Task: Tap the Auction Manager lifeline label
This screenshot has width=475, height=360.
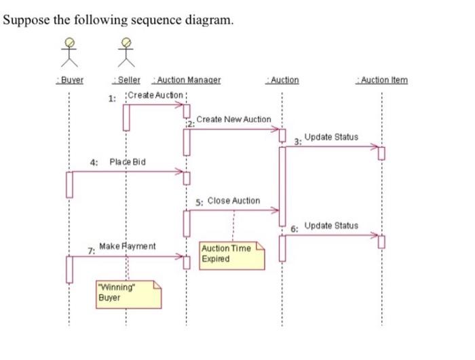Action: pyautogui.click(x=188, y=80)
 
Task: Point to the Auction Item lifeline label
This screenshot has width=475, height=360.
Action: pyautogui.click(x=382, y=80)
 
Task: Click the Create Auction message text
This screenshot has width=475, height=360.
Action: pyautogui.click(x=155, y=95)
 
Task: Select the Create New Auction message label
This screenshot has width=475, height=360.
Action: pyautogui.click(x=233, y=119)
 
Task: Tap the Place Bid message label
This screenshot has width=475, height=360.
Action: pyautogui.click(x=128, y=162)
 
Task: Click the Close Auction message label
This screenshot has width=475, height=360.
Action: pyautogui.click(x=233, y=201)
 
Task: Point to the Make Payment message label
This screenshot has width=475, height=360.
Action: pyautogui.click(x=128, y=246)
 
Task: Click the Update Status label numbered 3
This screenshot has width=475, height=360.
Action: pyautogui.click(x=331, y=137)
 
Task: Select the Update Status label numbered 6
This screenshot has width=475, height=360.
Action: pyautogui.click(x=331, y=225)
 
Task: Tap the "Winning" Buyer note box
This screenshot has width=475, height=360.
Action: pyautogui.click(x=128, y=292)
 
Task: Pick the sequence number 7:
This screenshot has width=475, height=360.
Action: pyautogui.click(x=91, y=250)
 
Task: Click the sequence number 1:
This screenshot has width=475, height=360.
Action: pyautogui.click(x=113, y=98)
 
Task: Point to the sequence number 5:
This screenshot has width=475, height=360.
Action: pyautogui.click(x=198, y=202)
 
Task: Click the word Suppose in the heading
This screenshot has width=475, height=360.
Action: pyautogui.click(x=26, y=20)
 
